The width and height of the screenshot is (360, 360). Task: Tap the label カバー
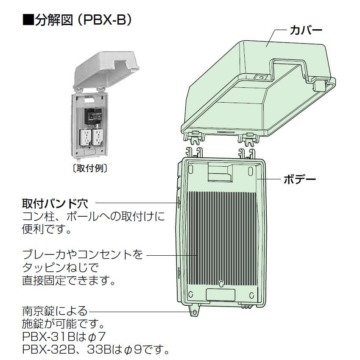tap(306, 30)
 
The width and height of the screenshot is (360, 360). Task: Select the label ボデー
tap(300, 179)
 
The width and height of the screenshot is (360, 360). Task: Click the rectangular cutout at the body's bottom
tap(220, 295)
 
